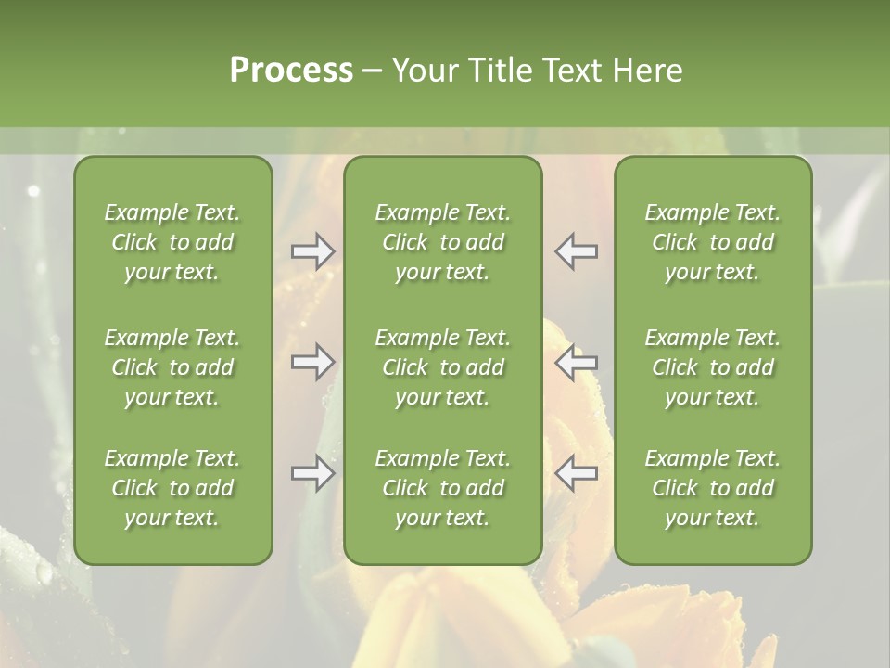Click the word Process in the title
coord(291,71)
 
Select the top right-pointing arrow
coord(313,251)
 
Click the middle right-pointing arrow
coord(313,362)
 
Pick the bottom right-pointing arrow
coord(313,474)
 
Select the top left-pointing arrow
coord(577,251)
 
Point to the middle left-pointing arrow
coord(577,362)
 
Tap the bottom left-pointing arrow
coord(577,474)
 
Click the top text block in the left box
coord(172,242)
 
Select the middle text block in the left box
coord(172,367)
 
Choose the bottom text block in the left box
coord(172,488)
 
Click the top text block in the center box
coord(443,242)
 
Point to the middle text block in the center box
coord(443,367)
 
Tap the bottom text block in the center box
coord(443,488)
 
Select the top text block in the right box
coord(713,242)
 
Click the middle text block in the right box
coord(713,367)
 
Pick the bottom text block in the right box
coord(713,488)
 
